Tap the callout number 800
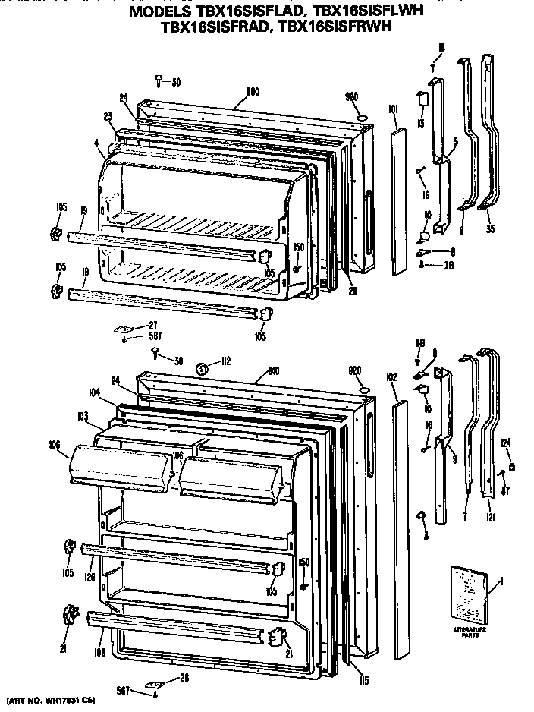click(x=253, y=92)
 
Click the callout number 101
click(x=393, y=110)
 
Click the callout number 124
click(x=505, y=443)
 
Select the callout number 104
click(x=94, y=392)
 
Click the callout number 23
click(x=108, y=116)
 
